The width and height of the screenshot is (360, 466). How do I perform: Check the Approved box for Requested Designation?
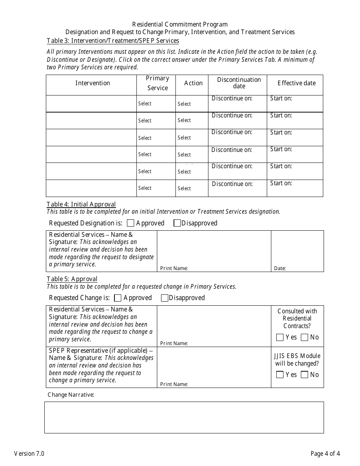(130, 223)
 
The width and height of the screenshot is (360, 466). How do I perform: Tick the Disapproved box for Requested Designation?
(177, 223)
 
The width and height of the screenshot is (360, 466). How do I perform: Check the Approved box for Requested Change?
(118, 298)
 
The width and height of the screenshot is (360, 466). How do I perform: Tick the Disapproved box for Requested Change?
(164, 298)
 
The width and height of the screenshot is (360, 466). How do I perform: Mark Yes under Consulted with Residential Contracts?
(280, 337)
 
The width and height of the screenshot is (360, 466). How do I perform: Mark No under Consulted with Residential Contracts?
(304, 337)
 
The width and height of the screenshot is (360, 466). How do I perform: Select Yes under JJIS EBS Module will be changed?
(280, 375)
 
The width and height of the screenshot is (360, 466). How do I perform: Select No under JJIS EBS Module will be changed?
(304, 375)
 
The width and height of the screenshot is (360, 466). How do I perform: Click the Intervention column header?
(92, 83)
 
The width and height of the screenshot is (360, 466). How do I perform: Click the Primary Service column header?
(157, 83)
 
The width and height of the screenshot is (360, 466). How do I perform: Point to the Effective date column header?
(296, 83)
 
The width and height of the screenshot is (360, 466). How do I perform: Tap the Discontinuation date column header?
(239, 83)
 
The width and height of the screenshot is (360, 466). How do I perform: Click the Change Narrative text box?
(184, 417)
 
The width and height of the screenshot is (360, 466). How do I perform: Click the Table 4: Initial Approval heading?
(81, 205)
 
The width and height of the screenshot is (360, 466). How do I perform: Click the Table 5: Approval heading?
(72, 279)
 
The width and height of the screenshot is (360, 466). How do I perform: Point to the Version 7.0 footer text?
(29, 453)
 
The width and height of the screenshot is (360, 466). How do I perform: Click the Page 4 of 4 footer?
(325, 453)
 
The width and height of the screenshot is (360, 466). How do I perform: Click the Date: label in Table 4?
(280, 269)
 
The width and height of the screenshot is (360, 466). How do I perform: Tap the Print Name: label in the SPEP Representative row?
(174, 384)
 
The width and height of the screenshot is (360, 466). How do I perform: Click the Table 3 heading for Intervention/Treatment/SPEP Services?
(113, 41)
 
